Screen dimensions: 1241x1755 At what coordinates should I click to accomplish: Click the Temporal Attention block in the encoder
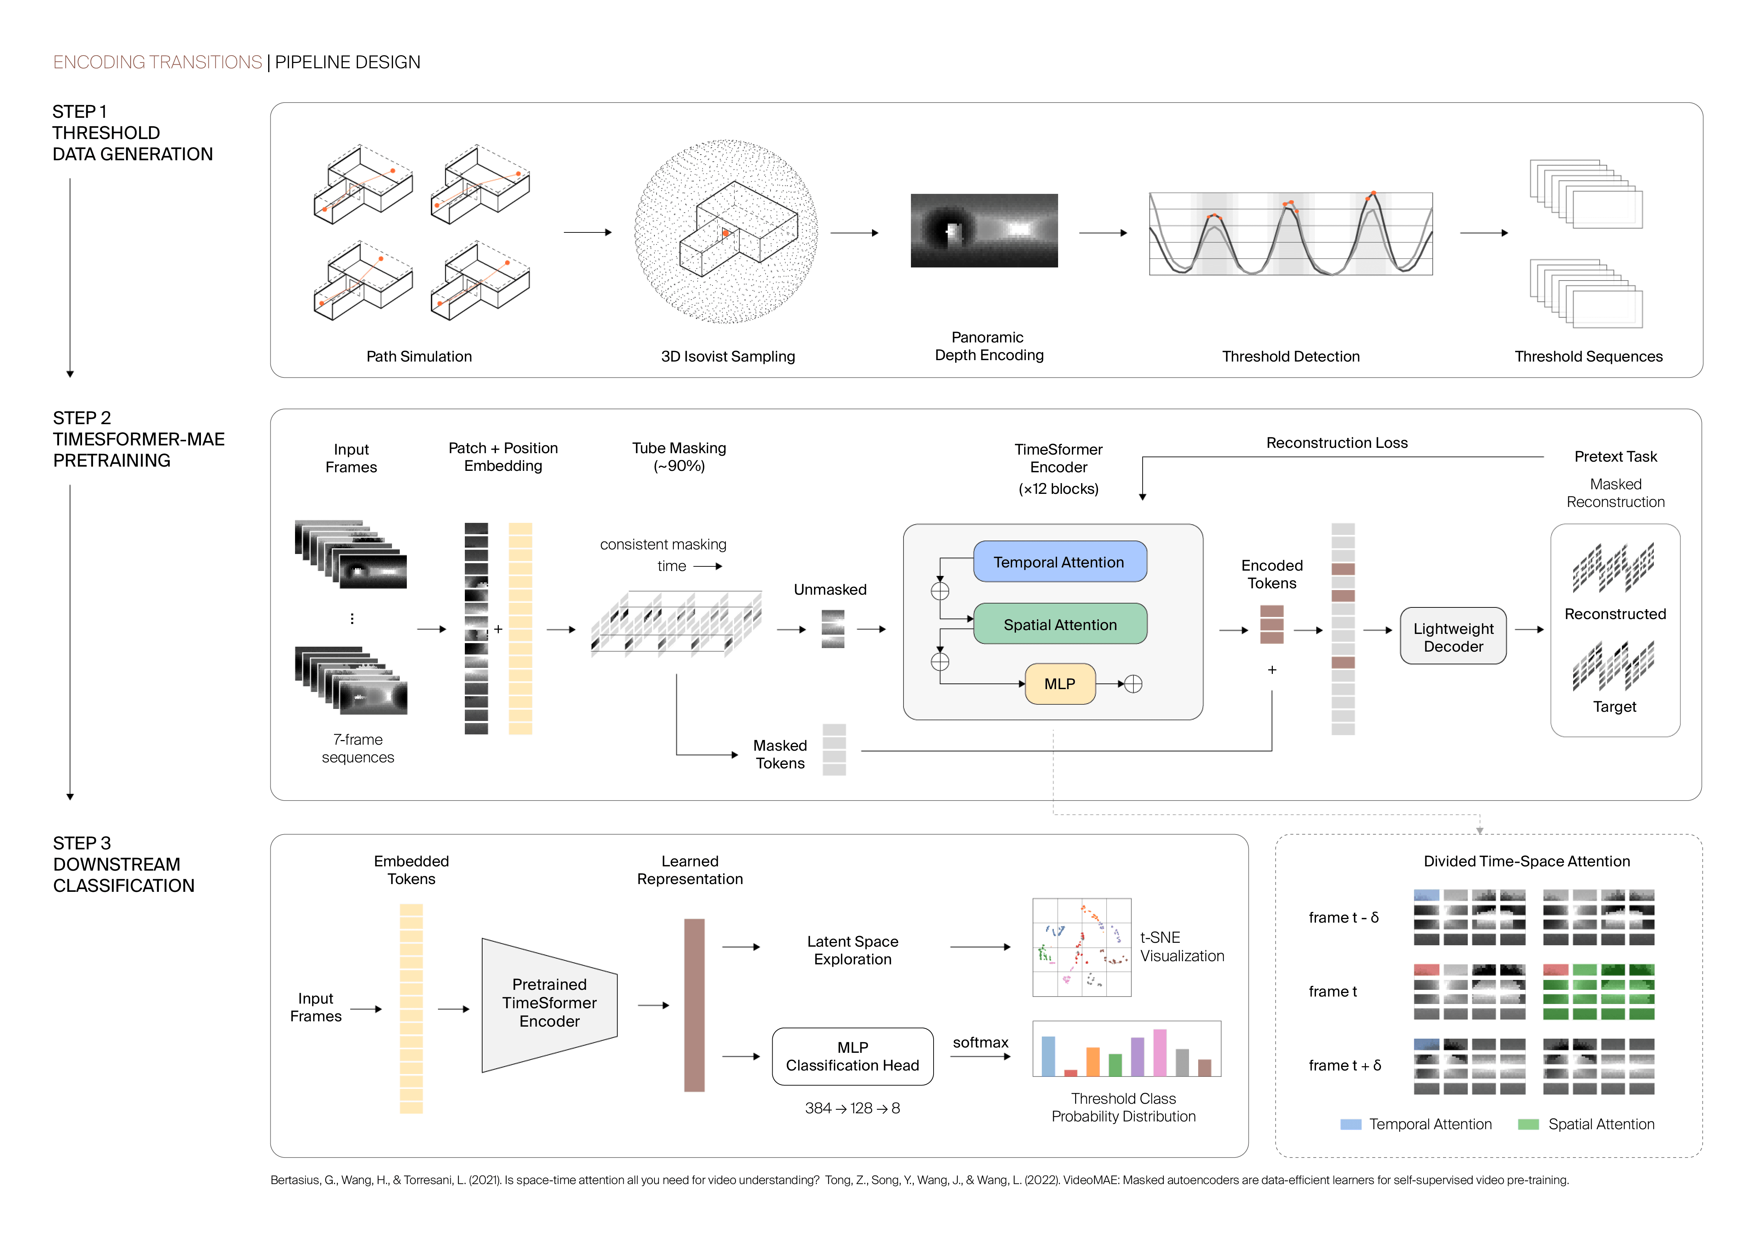pyautogui.click(x=1060, y=562)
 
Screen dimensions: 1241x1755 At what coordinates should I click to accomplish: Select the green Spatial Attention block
pyautogui.click(x=1060, y=624)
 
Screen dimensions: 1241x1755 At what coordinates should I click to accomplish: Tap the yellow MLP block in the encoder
pyautogui.click(x=1060, y=683)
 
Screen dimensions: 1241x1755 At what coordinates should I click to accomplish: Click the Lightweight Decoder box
pyautogui.click(x=1452, y=636)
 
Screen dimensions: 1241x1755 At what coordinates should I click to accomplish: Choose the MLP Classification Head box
pyautogui.click(x=852, y=1056)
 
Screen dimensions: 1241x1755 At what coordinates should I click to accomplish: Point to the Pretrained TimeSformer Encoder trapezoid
pyautogui.click(x=549, y=1003)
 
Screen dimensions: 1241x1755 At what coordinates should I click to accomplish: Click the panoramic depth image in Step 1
pyautogui.click(x=984, y=230)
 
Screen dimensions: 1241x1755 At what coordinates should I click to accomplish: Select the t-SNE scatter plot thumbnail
pyautogui.click(x=1081, y=947)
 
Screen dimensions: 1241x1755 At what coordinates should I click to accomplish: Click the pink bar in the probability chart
pyautogui.click(x=1160, y=1052)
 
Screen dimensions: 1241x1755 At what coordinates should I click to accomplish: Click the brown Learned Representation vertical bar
pyautogui.click(x=694, y=1005)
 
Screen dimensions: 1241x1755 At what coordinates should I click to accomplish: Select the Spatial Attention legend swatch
pyautogui.click(x=1528, y=1124)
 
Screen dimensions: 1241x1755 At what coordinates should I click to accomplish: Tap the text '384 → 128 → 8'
pyautogui.click(x=852, y=1108)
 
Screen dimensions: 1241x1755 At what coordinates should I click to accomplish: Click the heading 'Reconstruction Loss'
pyautogui.click(x=1336, y=443)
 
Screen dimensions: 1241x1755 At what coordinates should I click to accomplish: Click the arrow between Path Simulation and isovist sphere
pyautogui.click(x=587, y=232)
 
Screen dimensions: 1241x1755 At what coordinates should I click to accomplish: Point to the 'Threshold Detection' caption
pyautogui.click(x=1290, y=356)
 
